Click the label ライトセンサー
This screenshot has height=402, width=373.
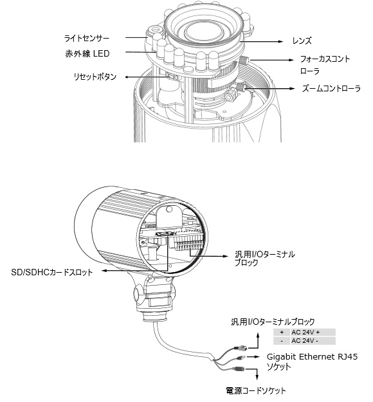pos(87,39)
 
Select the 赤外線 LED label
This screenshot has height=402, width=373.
pos(87,53)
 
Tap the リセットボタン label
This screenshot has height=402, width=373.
pos(95,77)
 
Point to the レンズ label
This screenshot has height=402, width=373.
pos(302,41)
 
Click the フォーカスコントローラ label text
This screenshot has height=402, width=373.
pos(325,65)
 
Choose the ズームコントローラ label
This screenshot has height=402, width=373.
pos(331,89)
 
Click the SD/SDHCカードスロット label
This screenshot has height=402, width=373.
pos(52,272)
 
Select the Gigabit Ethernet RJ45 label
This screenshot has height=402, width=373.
pos(312,356)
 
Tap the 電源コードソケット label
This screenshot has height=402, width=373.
pos(255,390)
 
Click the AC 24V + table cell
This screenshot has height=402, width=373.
pos(313,333)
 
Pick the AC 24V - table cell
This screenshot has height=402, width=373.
pos(313,341)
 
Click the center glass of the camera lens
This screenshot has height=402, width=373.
pos(203,31)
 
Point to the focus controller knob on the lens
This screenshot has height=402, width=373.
pos(244,60)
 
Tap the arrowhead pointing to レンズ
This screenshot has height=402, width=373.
pos(280,41)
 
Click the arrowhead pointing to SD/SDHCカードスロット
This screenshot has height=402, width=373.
pos(104,270)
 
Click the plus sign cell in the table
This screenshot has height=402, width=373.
pos(282,333)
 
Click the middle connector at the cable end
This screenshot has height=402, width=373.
pos(242,357)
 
